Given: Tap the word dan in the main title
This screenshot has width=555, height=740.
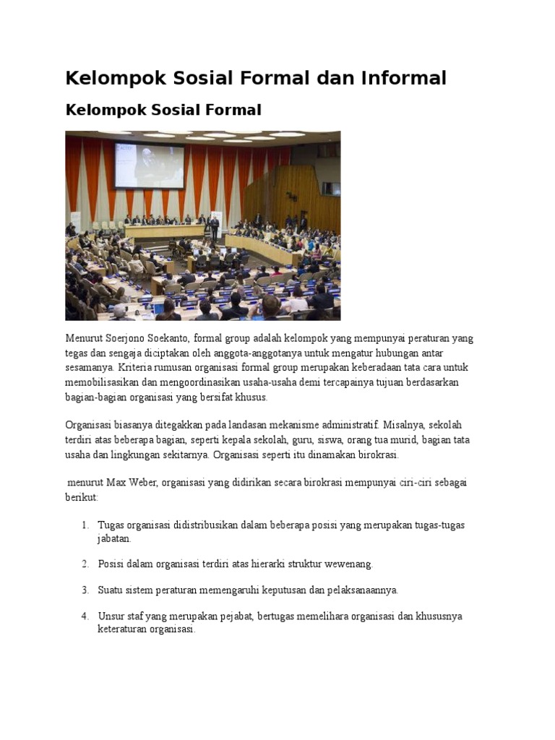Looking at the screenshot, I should click(336, 78).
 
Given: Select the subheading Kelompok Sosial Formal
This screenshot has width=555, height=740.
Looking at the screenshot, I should click(163, 111).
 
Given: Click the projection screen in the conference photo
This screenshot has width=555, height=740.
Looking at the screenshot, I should click(149, 167).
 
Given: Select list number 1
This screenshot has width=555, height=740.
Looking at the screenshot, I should click(85, 525).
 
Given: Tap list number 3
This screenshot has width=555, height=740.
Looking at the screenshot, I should click(85, 590).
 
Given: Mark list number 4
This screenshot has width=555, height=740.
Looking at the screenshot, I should click(85, 616).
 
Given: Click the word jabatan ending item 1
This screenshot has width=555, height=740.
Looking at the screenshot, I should click(114, 539).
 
